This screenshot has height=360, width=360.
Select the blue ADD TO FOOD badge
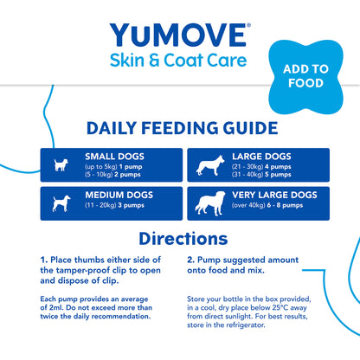[x=300, y=75]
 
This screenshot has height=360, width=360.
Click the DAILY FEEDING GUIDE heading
[x=176, y=129]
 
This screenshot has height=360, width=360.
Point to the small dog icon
[x=61, y=164]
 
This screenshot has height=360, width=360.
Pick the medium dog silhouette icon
[x=60, y=202]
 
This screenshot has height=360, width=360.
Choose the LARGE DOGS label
[x=260, y=156]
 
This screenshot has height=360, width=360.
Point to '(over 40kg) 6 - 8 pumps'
[x=269, y=209]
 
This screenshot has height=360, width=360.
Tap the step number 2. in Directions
[x=190, y=258]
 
